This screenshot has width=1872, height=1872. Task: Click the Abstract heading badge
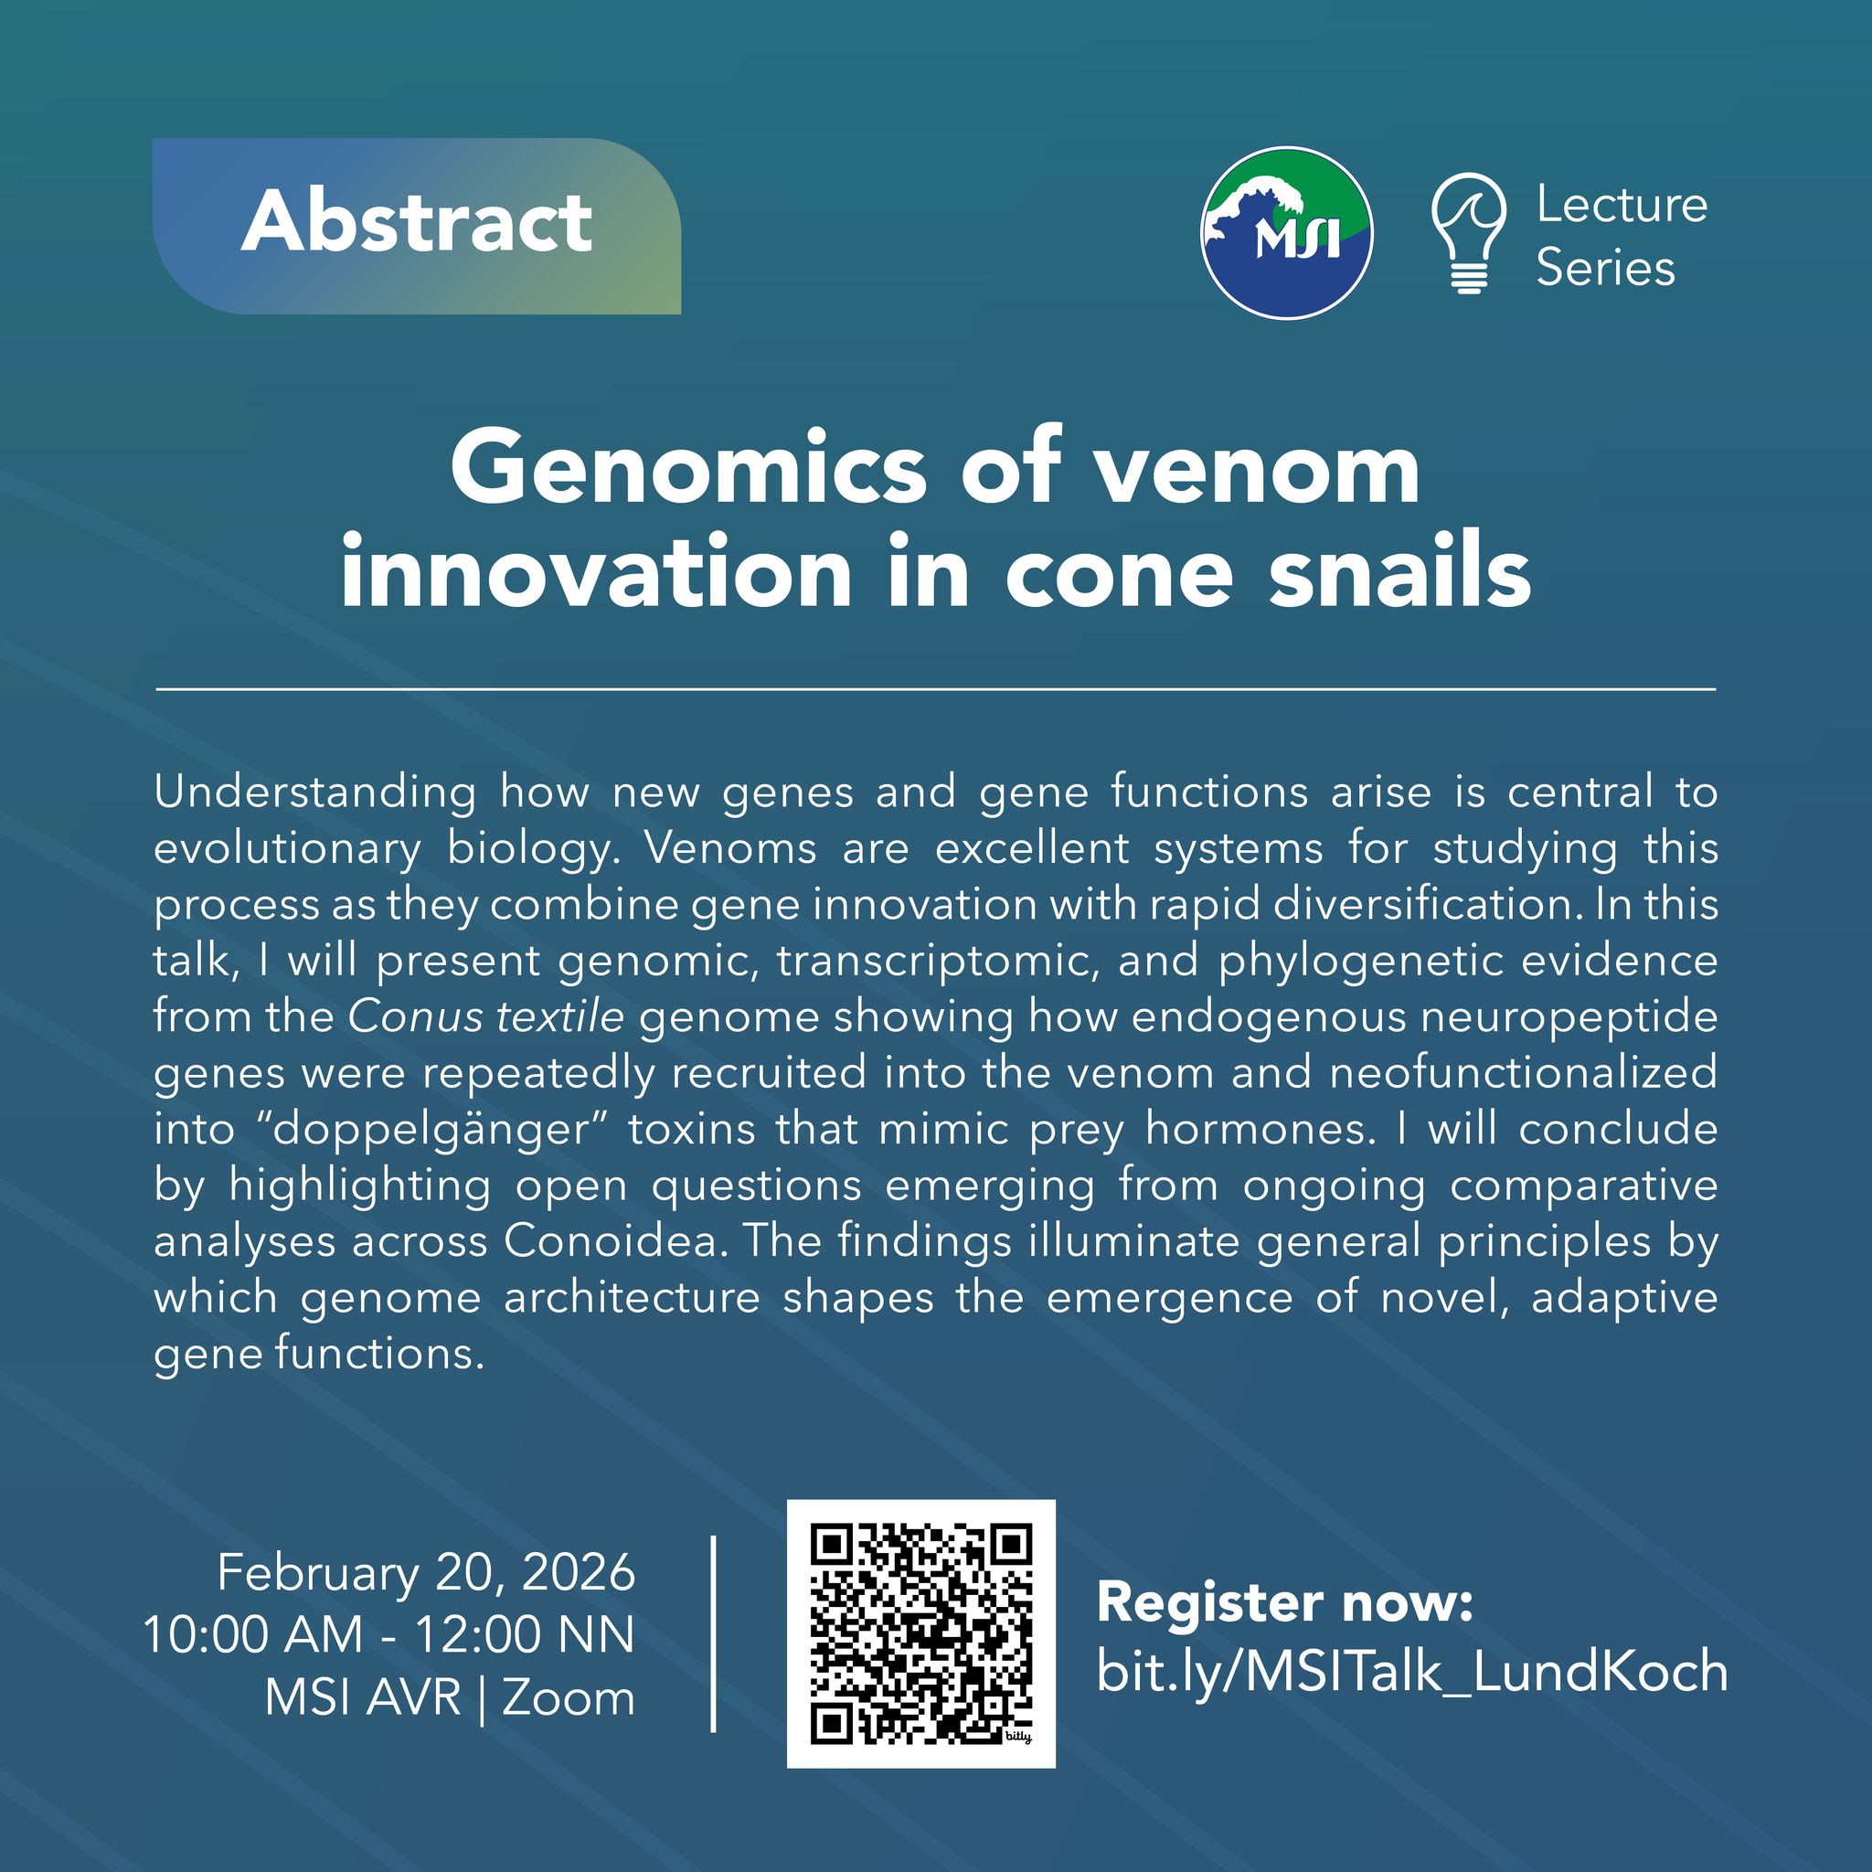(417, 226)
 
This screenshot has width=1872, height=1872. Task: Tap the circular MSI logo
(1286, 232)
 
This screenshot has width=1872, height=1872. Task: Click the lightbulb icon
(1469, 232)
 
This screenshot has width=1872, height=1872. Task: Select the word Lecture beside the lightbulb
(1622, 205)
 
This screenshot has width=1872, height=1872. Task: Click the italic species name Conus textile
(485, 1016)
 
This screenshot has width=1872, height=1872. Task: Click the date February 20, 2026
(426, 1571)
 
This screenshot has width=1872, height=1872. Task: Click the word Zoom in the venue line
(568, 1697)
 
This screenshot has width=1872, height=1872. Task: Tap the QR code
(920, 1633)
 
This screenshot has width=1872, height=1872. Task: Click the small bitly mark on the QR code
(1017, 1738)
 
